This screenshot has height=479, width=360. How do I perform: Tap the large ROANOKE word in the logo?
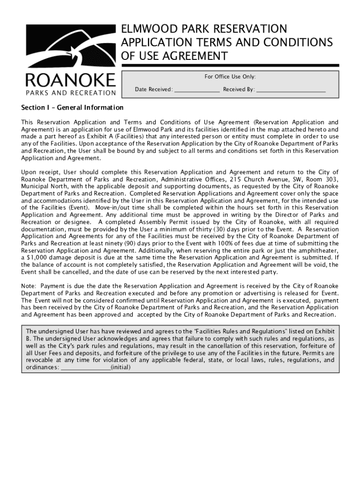[x=70, y=80]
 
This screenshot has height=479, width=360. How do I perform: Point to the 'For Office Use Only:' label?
[x=230, y=77]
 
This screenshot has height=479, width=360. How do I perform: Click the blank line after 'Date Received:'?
[x=197, y=89]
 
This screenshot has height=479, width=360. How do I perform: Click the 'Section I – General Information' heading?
[x=72, y=108]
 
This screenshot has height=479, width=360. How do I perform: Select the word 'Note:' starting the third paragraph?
[x=29, y=286]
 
